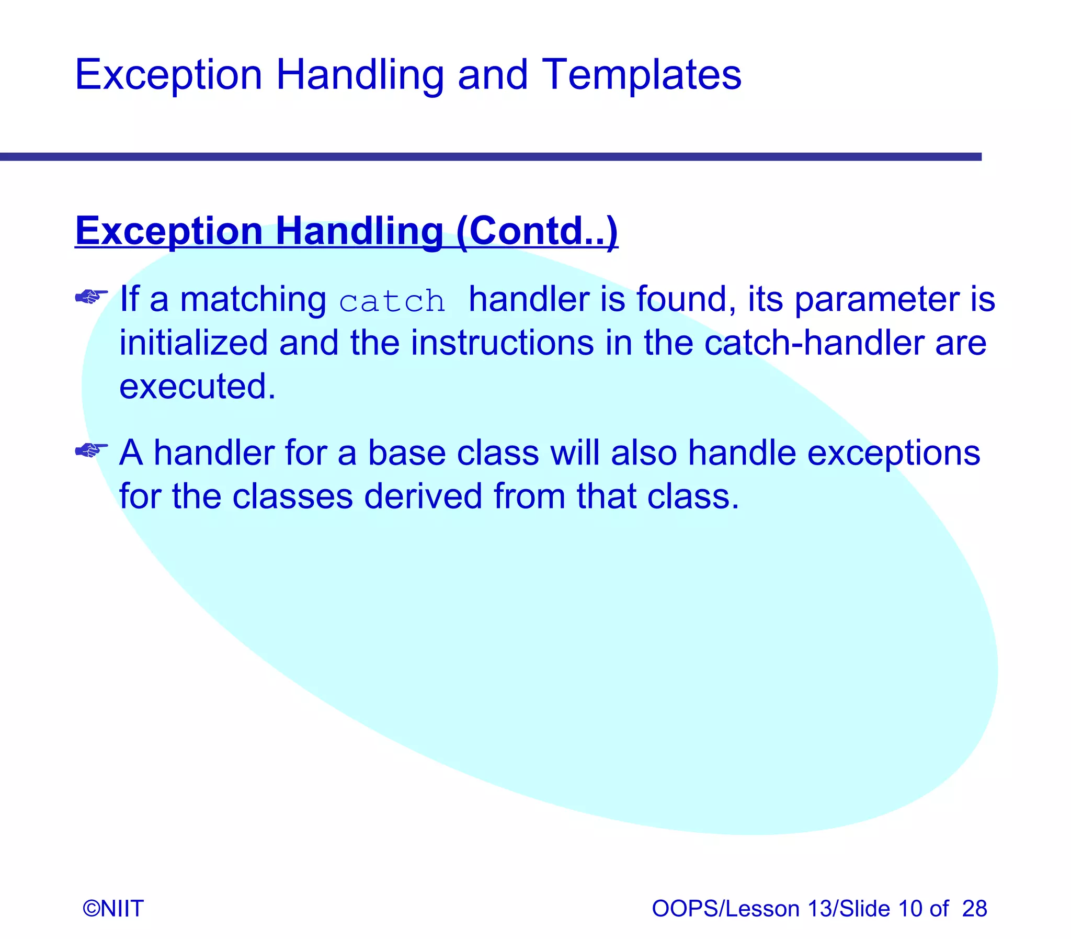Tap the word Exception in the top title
pos(168,75)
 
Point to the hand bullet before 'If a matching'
pos(91,297)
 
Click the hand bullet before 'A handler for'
pos(91,450)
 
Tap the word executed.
pos(197,387)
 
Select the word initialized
pos(193,343)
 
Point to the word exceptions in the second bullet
pos(893,453)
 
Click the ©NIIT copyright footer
pos(113,908)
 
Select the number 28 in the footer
pos(974,908)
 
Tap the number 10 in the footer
pos(910,908)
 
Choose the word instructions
pos(502,343)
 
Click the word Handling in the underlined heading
pos(359,231)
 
